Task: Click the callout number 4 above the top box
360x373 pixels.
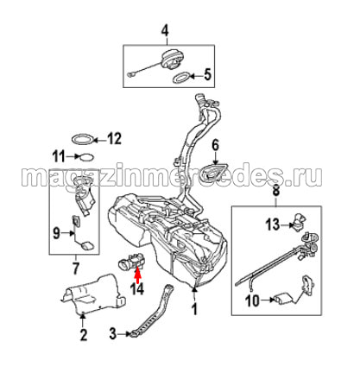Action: pyautogui.click(x=165, y=31)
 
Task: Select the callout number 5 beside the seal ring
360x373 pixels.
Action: pyautogui.click(x=207, y=74)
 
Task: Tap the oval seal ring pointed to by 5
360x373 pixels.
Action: pyautogui.click(x=181, y=78)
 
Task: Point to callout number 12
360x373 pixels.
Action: pyautogui.click(x=114, y=139)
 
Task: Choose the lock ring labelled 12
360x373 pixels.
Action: pyautogui.click(x=83, y=139)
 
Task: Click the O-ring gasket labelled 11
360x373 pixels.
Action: pyautogui.click(x=86, y=157)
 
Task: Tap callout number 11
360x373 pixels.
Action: pyautogui.click(x=59, y=157)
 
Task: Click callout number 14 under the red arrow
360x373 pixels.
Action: pyautogui.click(x=137, y=289)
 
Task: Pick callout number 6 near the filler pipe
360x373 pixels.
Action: pyautogui.click(x=216, y=145)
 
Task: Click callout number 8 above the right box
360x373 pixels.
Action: pyautogui.click(x=275, y=191)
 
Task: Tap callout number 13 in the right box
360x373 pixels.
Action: pyautogui.click(x=273, y=224)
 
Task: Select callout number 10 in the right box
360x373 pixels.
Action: pyautogui.click(x=252, y=301)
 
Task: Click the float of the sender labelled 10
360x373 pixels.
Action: pyautogui.click(x=283, y=300)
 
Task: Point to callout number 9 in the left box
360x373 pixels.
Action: pyautogui.click(x=56, y=233)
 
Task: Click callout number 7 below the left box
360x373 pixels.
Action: pyautogui.click(x=75, y=269)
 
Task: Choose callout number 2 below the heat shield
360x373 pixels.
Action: pyautogui.click(x=83, y=335)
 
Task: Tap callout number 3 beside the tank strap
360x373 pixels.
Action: pyautogui.click(x=113, y=334)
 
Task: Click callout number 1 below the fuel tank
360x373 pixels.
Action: pyautogui.click(x=195, y=309)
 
